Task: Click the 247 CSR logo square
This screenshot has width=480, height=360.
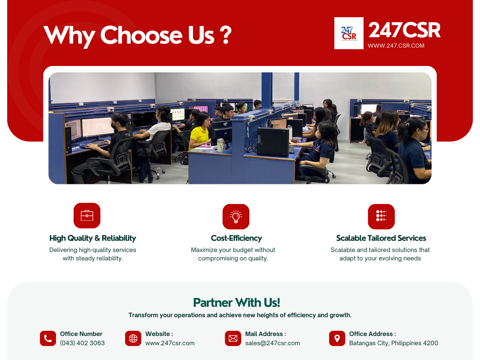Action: [349, 33]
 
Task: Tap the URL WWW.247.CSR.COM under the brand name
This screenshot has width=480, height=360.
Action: [396, 46]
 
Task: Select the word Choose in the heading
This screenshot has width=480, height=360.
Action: [141, 35]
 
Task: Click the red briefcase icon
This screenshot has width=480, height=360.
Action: [87, 216]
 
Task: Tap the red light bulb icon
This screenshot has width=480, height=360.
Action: [236, 217]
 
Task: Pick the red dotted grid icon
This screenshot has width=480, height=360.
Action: [381, 217]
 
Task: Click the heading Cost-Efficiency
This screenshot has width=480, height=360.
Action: [236, 238]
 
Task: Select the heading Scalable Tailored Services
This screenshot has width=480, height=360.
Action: [381, 238]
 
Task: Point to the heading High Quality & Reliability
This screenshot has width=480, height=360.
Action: [93, 238]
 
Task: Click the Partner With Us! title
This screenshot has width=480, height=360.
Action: [236, 303]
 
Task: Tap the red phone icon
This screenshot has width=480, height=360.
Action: [48, 338]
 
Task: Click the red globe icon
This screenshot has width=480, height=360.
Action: [133, 338]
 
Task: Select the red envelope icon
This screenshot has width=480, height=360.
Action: [233, 338]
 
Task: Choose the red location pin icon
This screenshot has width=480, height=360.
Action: [337, 338]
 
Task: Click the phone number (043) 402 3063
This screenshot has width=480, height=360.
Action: [82, 343]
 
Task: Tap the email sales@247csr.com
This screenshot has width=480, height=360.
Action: [272, 343]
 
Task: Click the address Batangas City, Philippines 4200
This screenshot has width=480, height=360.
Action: [394, 343]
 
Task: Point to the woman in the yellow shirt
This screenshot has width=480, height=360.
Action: [200, 131]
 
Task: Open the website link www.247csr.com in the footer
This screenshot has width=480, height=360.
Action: [170, 343]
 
